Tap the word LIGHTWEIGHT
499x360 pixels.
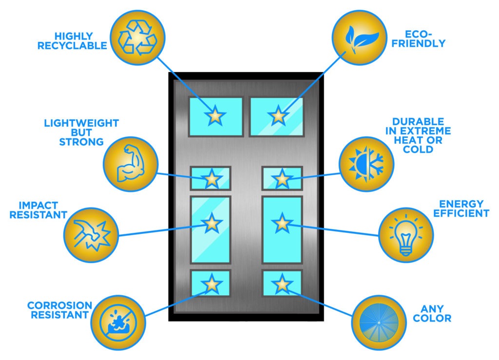81,123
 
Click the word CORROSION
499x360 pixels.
59,305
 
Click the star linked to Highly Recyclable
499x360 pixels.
215,116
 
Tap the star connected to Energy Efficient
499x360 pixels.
282,223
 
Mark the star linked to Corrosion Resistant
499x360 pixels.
211,284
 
